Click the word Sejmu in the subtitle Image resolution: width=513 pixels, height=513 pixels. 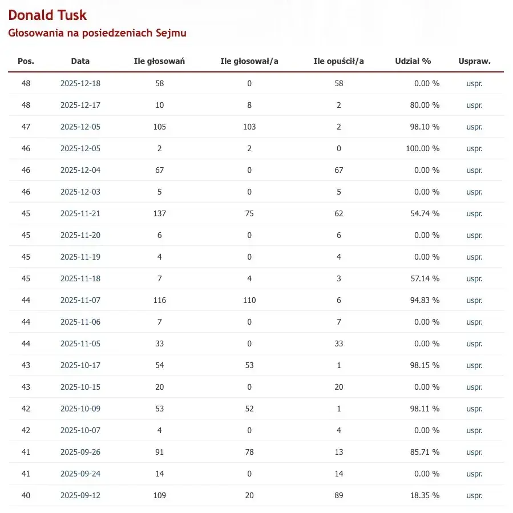coord(171,33)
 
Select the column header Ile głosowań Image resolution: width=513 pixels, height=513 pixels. coord(159,61)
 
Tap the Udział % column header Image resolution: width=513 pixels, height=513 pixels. coord(413,61)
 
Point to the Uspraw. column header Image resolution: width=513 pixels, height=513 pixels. coord(474,61)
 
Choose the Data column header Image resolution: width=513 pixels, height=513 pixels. coord(80,61)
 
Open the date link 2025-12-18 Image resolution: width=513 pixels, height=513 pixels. coord(80,83)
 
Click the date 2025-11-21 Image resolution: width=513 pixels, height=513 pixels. coord(80,213)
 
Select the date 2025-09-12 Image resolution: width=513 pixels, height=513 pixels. coord(80,495)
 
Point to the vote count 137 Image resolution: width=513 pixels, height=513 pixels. coord(159,213)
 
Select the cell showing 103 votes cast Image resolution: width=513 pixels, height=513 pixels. coord(249,127)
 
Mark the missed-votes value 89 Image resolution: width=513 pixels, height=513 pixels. coord(339,495)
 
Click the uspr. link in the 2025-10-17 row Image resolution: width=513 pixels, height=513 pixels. coord(474,365)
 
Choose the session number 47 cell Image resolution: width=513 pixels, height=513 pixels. coord(26,127)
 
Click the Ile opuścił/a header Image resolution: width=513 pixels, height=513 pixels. coord(339,61)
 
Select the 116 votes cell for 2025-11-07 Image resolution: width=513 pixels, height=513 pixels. coord(159,300)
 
